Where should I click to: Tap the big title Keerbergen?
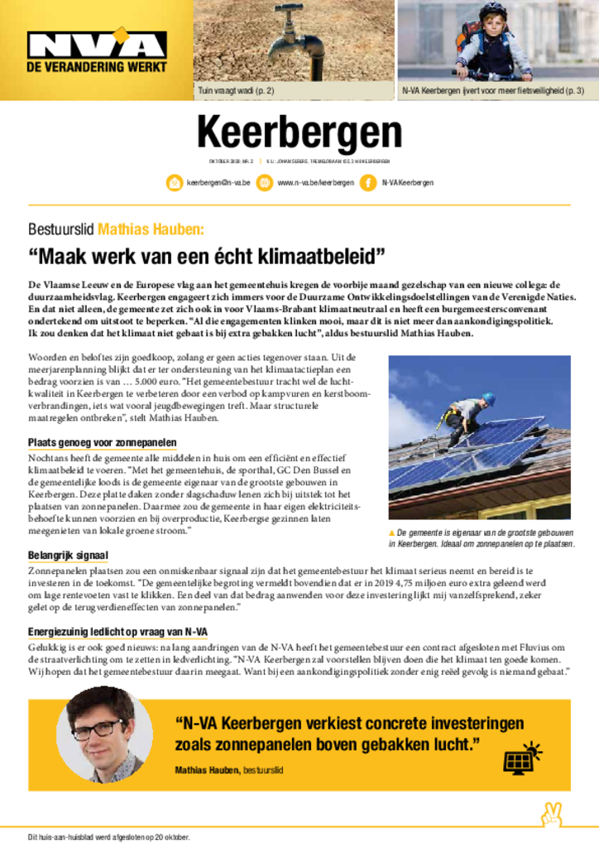[299, 132]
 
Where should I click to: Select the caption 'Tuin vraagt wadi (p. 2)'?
[236, 90]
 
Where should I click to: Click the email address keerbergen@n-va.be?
[218, 183]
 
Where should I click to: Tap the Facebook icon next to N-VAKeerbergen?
[368, 183]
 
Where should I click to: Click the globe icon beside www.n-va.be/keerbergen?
[264, 183]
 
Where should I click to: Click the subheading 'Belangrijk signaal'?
[68, 555]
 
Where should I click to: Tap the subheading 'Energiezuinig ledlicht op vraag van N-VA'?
[117, 632]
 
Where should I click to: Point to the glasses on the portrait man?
[97, 730]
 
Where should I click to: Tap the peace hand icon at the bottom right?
[551, 815]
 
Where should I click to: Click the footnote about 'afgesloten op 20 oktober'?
[109, 836]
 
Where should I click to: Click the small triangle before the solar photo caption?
[392, 532]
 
